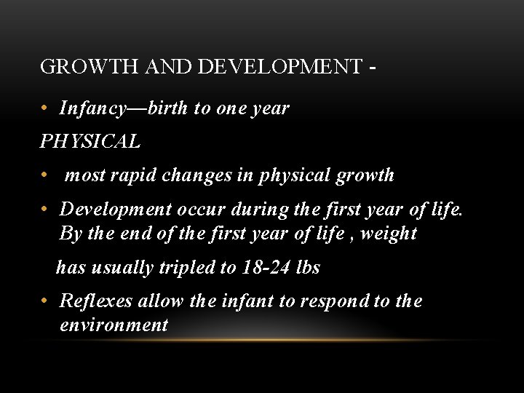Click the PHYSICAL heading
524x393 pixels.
90,142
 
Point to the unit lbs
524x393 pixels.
309,267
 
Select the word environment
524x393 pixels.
114,325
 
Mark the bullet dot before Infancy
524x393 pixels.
45,109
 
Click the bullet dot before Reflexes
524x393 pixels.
45,301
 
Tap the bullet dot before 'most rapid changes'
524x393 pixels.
45,175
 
